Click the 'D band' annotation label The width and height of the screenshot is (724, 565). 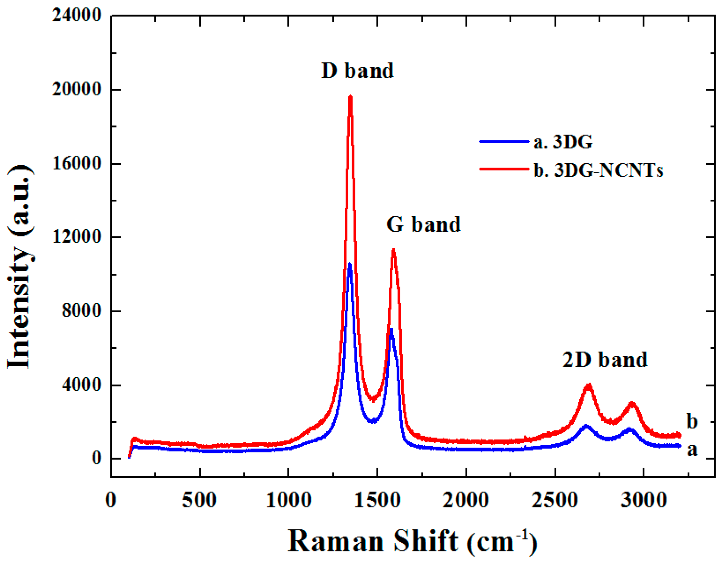click(357, 71)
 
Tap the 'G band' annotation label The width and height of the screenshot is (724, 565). click(423, 224)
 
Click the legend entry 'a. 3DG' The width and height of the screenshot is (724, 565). click(563, 142)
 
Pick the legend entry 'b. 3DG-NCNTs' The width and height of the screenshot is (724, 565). click(598, 170)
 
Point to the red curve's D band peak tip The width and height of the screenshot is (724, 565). click(351, 97)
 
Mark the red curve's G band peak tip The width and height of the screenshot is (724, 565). click(394, 249)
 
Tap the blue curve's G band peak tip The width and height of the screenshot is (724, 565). click(391, 329)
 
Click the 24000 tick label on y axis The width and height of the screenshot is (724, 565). click(76, 15)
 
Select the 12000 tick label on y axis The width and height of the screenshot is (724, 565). click(76, 237)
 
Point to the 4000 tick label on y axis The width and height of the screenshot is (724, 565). click(81, 385)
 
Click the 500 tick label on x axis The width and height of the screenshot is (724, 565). click(199, 500)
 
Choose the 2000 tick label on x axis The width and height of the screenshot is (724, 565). click(466, 500)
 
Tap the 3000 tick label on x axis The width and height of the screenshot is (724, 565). click(643, 500)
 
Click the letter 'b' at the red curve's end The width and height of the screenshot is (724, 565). click(692, 422)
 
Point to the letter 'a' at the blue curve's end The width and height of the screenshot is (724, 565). click(692, 450)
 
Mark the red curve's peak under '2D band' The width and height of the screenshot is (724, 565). click(588, 385)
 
